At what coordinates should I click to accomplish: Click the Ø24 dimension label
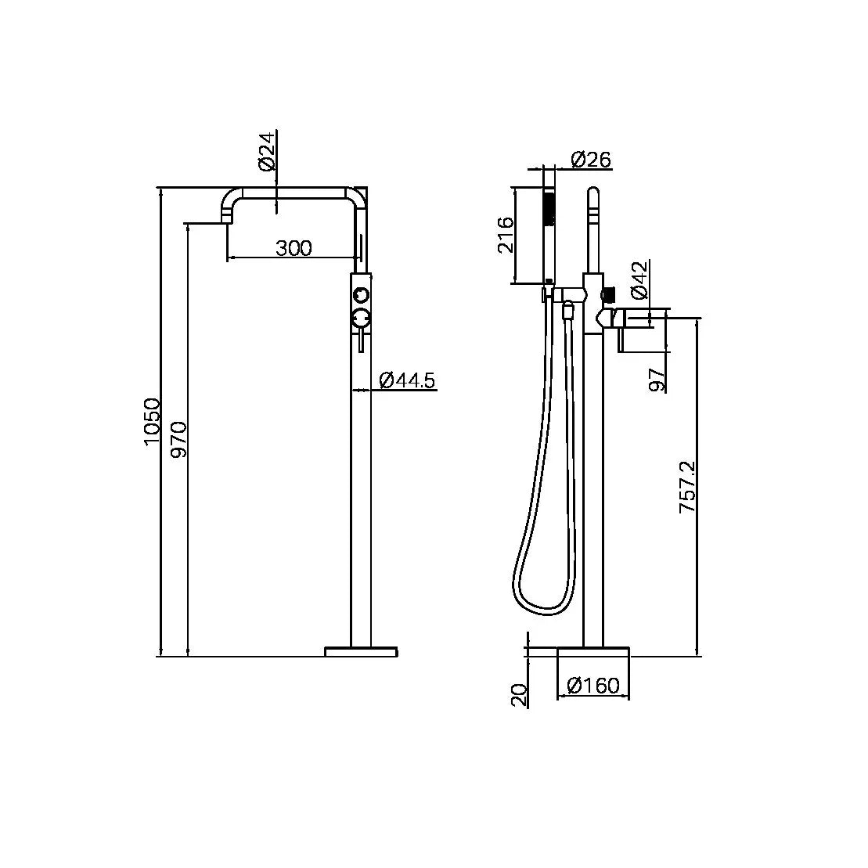[x=266, y=151]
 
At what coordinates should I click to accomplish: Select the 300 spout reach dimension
[x=294, y=248]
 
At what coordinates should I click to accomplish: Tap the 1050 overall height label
[x=152, y=422]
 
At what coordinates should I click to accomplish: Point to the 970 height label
[x=179, y=440]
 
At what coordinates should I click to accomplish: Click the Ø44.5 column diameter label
[x=408, y=380]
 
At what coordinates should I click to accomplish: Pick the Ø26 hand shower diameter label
[x=591, y=160]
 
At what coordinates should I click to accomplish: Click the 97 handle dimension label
[x=657, y=380]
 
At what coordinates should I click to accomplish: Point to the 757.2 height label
[x=687, y=487]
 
